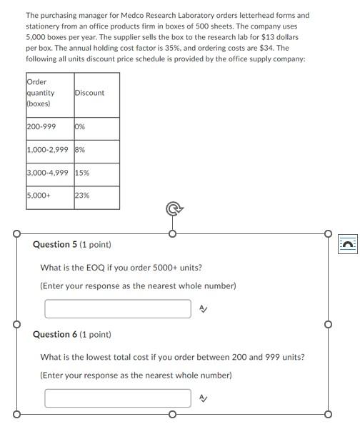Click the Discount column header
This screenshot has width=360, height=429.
coord(89,93)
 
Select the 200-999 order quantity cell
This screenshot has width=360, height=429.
coord(41,127)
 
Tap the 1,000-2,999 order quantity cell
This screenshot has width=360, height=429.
coord(48,150)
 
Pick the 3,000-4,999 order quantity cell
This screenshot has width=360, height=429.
coord(48,173)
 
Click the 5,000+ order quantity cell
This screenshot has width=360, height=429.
coord(39,195)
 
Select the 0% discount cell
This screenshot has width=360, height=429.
coord(80,127)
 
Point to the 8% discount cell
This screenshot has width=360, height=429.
coord(80,150)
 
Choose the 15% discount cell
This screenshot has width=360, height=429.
coord(82,173)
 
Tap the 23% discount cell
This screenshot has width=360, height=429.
coord(82,195)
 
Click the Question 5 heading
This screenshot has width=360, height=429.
coord(71,245)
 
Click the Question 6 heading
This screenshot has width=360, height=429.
coord(71,335)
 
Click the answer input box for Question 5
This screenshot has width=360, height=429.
coord(118,309)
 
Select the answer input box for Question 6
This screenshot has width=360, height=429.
coord(118,398)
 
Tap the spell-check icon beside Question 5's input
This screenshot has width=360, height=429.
coord(203,309)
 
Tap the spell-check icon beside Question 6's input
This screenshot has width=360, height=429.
coord(203,398)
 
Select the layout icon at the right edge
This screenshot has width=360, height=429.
coord(347,244)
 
